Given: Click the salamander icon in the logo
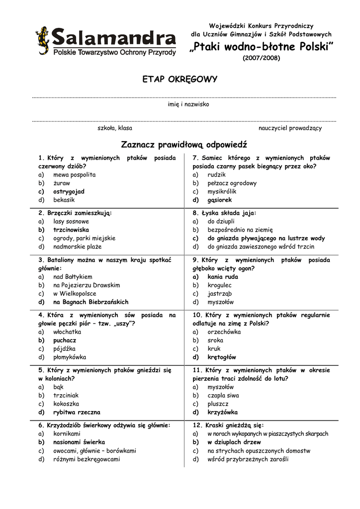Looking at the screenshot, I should (42, 40).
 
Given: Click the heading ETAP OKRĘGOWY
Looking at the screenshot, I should (180, 80).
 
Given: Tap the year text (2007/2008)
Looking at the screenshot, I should (261, 58).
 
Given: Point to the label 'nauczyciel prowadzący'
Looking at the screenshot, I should (290, 128).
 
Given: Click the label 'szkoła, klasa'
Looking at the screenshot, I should (115, 128).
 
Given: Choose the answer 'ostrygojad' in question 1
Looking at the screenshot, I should (69, 191).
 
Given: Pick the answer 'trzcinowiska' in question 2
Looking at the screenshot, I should (71, 230).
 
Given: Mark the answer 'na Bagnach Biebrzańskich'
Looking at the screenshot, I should (90, 302).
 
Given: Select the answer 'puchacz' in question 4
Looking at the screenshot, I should (65, 340).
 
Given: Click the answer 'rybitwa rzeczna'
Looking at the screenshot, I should (77, 412).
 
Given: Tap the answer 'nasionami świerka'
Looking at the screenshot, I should (79, 442).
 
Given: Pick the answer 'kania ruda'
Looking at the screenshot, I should (223, 277).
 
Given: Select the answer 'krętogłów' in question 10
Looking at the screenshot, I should (222, 357).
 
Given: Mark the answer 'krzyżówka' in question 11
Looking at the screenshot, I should (222, 412).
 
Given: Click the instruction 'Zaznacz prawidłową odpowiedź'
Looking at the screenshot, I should (184, 145).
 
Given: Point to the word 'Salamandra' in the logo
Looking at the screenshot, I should (114, 38).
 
